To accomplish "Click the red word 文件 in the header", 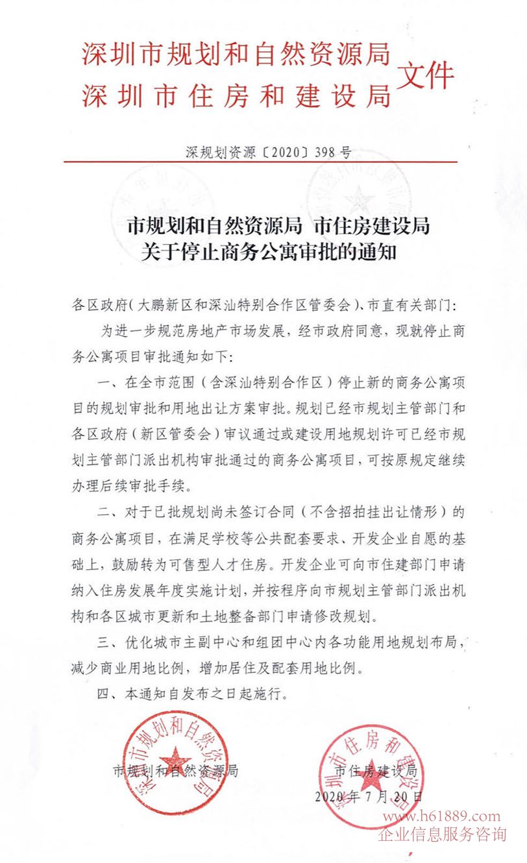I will [425, 76].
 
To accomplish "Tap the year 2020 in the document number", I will [286, 153].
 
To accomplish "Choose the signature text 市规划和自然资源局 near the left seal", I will [176, 772].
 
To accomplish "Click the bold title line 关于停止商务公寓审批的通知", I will [269, 252].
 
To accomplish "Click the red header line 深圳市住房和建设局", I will [236, 96].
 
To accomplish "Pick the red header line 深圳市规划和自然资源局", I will [236, 55].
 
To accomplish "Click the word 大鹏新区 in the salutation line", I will [163, 304].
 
